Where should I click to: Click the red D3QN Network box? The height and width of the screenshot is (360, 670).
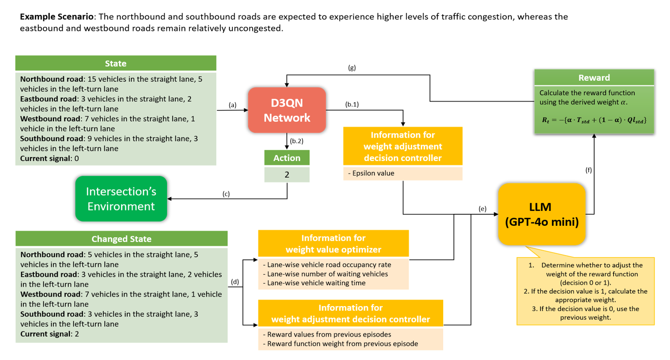coord(287,110)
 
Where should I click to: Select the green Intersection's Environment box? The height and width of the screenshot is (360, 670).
coord(121,198)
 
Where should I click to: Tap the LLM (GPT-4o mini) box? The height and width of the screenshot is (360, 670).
coord(541,214)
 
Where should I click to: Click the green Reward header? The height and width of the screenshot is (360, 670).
coord(594,78)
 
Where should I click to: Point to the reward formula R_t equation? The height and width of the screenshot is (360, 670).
coord(594,120)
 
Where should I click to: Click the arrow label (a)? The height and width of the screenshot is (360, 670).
coord(232,105)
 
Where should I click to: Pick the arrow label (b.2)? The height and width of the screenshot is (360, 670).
coord(297,141)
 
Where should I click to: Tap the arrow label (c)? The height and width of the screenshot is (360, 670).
coord(226,194)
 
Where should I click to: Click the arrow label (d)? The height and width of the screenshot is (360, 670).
coord(235,282)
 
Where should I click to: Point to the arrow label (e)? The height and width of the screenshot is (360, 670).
coord(482,209)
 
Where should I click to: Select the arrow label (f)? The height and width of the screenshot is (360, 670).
coord(588,170)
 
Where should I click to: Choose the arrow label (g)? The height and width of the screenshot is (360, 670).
coord(352,67)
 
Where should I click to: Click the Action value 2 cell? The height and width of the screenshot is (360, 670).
coord(287,175)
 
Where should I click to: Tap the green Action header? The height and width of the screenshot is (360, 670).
coord(287,158)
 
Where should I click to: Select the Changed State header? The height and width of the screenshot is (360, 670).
coord(121,239)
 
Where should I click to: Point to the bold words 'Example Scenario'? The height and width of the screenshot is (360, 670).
coord(56,16)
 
